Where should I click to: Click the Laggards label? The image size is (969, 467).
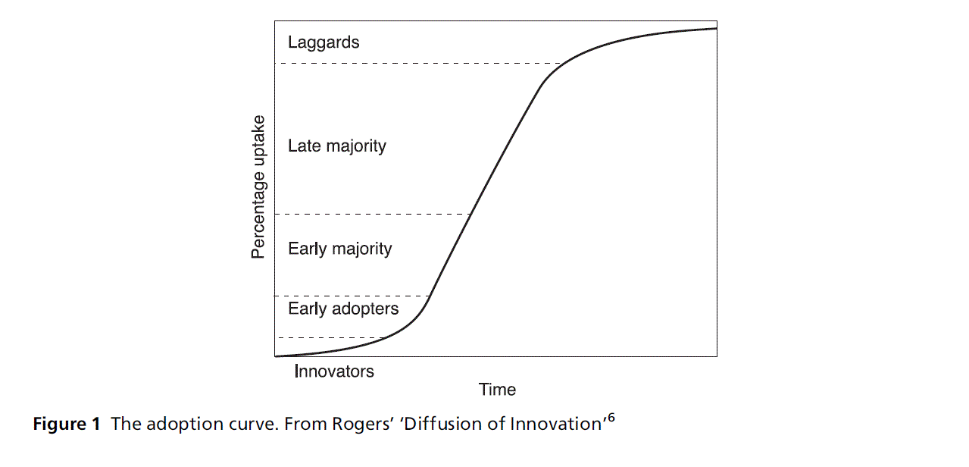pyautogui.click(x=324, y=42)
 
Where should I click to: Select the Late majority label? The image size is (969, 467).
pyautogui.click(x=337, y=146)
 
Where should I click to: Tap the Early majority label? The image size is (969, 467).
pyautogui.click(x=340, y=249)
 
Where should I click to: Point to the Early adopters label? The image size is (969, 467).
pyautogui.click(x=343, y=309)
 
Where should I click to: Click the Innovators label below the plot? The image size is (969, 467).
pyautogui.click(x=334, y=371)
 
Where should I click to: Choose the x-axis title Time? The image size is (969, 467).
pyautogui.click(x=497, y=390)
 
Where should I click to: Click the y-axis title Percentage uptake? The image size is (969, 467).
pyautogui.click(x=259, y=186)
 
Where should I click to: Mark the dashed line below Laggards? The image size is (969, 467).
pyautogui.click(x=417, y=64)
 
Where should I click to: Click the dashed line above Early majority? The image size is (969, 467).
pyautogui.click(x=371, y=215)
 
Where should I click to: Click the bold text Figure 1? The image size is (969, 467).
pyautogui.click(x=67, y=425)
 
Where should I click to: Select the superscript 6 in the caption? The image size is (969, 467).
pyautogui.click(x=610, y=416)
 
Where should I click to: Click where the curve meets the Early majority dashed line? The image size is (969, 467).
pyautogui.click(x=472, y=215)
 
